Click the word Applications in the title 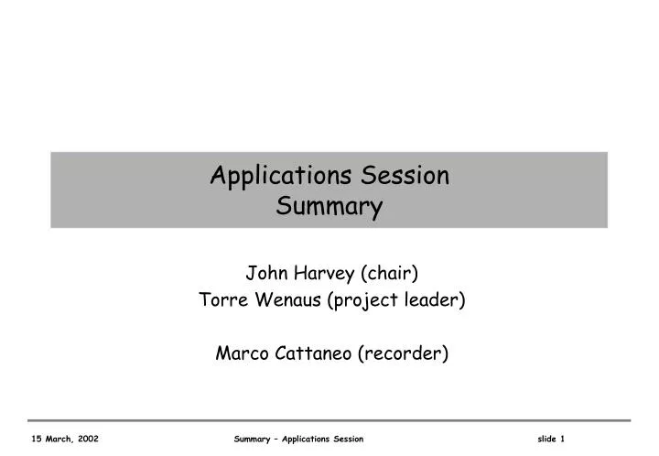267,175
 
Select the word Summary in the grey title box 329,208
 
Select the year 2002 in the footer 88,440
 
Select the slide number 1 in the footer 563,440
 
